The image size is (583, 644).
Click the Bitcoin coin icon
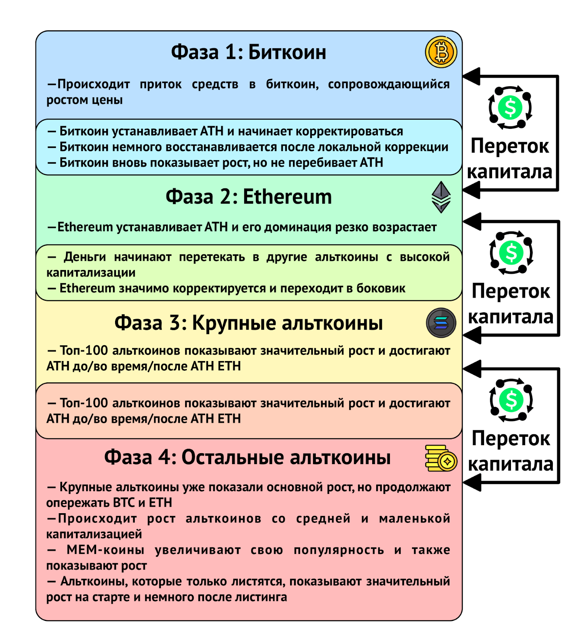coord(441,52)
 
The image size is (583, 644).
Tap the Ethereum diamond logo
coord(441,197)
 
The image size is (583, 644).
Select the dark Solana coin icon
coord(441,323)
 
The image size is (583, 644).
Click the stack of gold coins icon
coord(441,458)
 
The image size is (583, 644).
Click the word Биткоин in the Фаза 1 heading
coord(287,52)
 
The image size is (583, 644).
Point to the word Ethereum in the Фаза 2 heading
coord(287,197)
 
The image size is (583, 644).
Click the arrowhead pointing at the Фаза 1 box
coord(472,76)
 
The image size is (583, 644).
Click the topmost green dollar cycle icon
coord(510,108)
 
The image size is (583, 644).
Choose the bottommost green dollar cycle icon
coord(511,400)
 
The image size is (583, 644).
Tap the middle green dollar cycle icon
coord(511,253)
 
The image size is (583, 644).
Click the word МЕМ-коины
coord(105,550)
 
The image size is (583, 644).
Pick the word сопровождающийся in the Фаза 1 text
coord(389,85)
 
